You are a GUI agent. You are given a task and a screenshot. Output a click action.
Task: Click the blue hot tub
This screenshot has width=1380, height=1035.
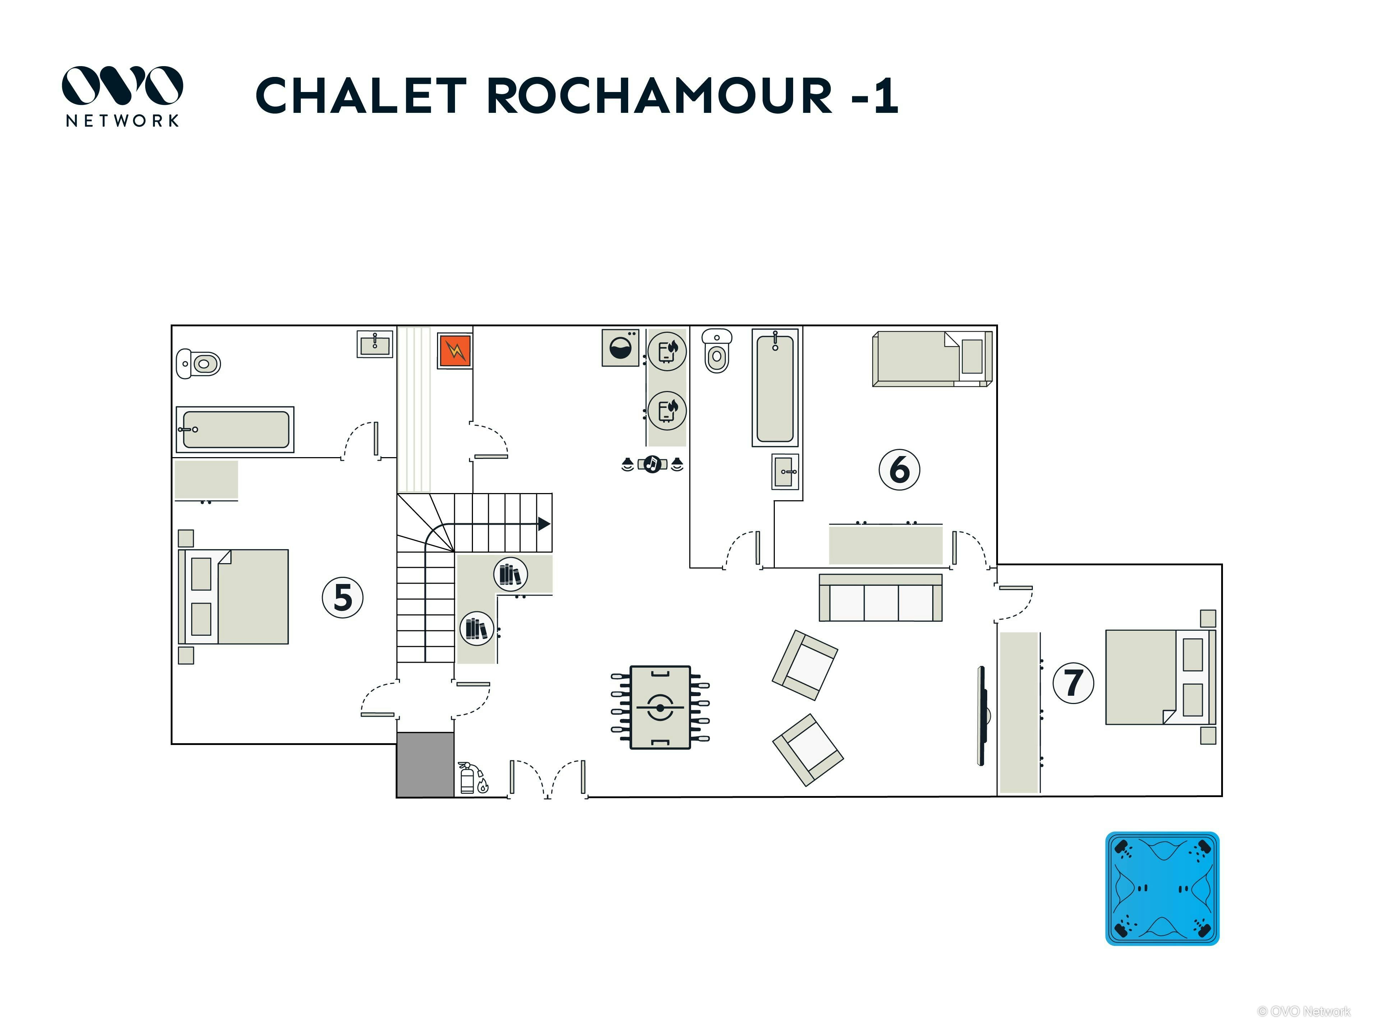tap(1162, 888)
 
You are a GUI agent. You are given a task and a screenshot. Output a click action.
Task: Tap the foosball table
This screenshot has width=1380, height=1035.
tap(660, 708)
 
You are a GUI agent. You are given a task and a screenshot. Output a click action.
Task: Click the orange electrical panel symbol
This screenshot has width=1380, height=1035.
tap(455, 351)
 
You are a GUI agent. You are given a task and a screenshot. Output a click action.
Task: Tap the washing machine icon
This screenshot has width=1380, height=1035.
tap(620, 348)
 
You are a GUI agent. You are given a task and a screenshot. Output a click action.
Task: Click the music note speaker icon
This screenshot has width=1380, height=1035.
tap(652, 464)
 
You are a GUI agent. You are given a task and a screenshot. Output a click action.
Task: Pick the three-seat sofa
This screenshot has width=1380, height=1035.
tap(880, 598)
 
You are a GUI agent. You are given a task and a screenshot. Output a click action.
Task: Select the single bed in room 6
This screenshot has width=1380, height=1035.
tap(932, 359)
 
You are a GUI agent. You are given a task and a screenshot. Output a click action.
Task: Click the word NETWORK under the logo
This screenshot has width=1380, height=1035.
tap(122, 120)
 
